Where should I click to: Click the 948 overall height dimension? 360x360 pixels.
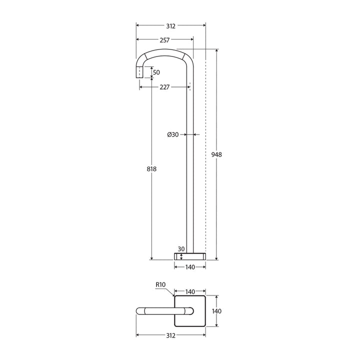[216, 154]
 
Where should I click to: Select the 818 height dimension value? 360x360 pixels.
[152, 169]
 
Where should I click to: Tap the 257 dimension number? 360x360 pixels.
[164, 39]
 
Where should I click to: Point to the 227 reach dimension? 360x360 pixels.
[164, 86]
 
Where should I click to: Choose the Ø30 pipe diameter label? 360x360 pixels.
[172, 134]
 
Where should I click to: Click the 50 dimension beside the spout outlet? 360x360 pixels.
[156, 72]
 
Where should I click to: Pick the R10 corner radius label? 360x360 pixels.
[160, 284]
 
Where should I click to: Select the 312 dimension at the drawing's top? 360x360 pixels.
[170, 24]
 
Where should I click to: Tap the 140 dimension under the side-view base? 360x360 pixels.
[190, 267]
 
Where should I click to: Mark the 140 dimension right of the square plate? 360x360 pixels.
[216, 311]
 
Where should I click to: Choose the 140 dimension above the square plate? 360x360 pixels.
[190, 291]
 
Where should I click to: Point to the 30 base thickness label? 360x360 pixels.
[181, 248]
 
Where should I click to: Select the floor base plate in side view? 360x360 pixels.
[190, 256]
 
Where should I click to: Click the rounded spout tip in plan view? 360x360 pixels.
[139, 311]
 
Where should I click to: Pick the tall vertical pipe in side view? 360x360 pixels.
[190, 165]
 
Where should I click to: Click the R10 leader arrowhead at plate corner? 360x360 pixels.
[173, 295]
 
